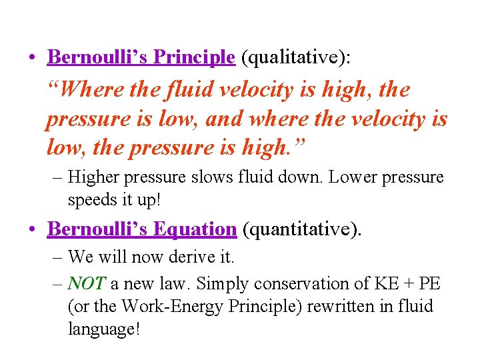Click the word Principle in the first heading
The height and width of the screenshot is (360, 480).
point(194,57)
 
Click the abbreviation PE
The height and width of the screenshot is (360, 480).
point(429,283)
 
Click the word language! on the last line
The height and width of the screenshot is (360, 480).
point(104,329)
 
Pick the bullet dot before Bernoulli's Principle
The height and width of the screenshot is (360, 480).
point(33,58)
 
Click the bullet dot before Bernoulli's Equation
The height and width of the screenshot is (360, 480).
point(33,229)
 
